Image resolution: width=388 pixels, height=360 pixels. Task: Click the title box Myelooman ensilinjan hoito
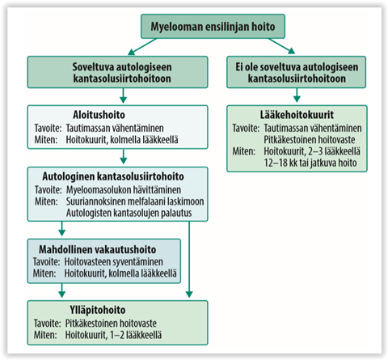pyautogui.click(x=213, y=26)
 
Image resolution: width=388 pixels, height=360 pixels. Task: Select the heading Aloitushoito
pyautogui.click(x=99, y=115)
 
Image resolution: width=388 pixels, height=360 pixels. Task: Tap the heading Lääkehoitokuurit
pyautogui.click(x=297, y=115)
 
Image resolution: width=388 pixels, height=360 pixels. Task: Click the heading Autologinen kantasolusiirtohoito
pyautogui.click(x=113, y=176)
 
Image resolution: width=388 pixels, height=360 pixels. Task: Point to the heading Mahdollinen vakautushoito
pyautogui.click(x=98, y=249)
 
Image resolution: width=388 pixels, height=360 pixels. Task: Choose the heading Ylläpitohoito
pyautogui.click(x=98, y=310)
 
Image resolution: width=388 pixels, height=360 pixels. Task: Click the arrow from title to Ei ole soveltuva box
pyautogui.click(x=281, y=46)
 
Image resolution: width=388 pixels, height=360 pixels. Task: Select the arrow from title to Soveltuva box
pyautogui.click(x=142, y=46)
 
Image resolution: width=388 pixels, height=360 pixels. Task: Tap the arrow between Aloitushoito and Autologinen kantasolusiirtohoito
pyautogui.click(x=123, y=156)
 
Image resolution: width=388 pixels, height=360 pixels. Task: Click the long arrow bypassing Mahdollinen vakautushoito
pyautogui.click(x=189, y=260)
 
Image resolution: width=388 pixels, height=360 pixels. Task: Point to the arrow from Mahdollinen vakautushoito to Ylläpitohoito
pyautogui.click(x=62, y=290)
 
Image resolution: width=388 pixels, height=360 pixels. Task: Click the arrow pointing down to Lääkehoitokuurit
pyautogui.click(x=297, y=95)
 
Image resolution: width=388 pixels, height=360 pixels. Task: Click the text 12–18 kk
pyautogui.click(x=280, y=163)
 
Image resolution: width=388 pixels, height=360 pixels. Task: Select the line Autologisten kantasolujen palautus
pyautogui.click(x=129, y=213)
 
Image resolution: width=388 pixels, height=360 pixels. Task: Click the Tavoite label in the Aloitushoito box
pyautogui.click(x=48, y=128)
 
